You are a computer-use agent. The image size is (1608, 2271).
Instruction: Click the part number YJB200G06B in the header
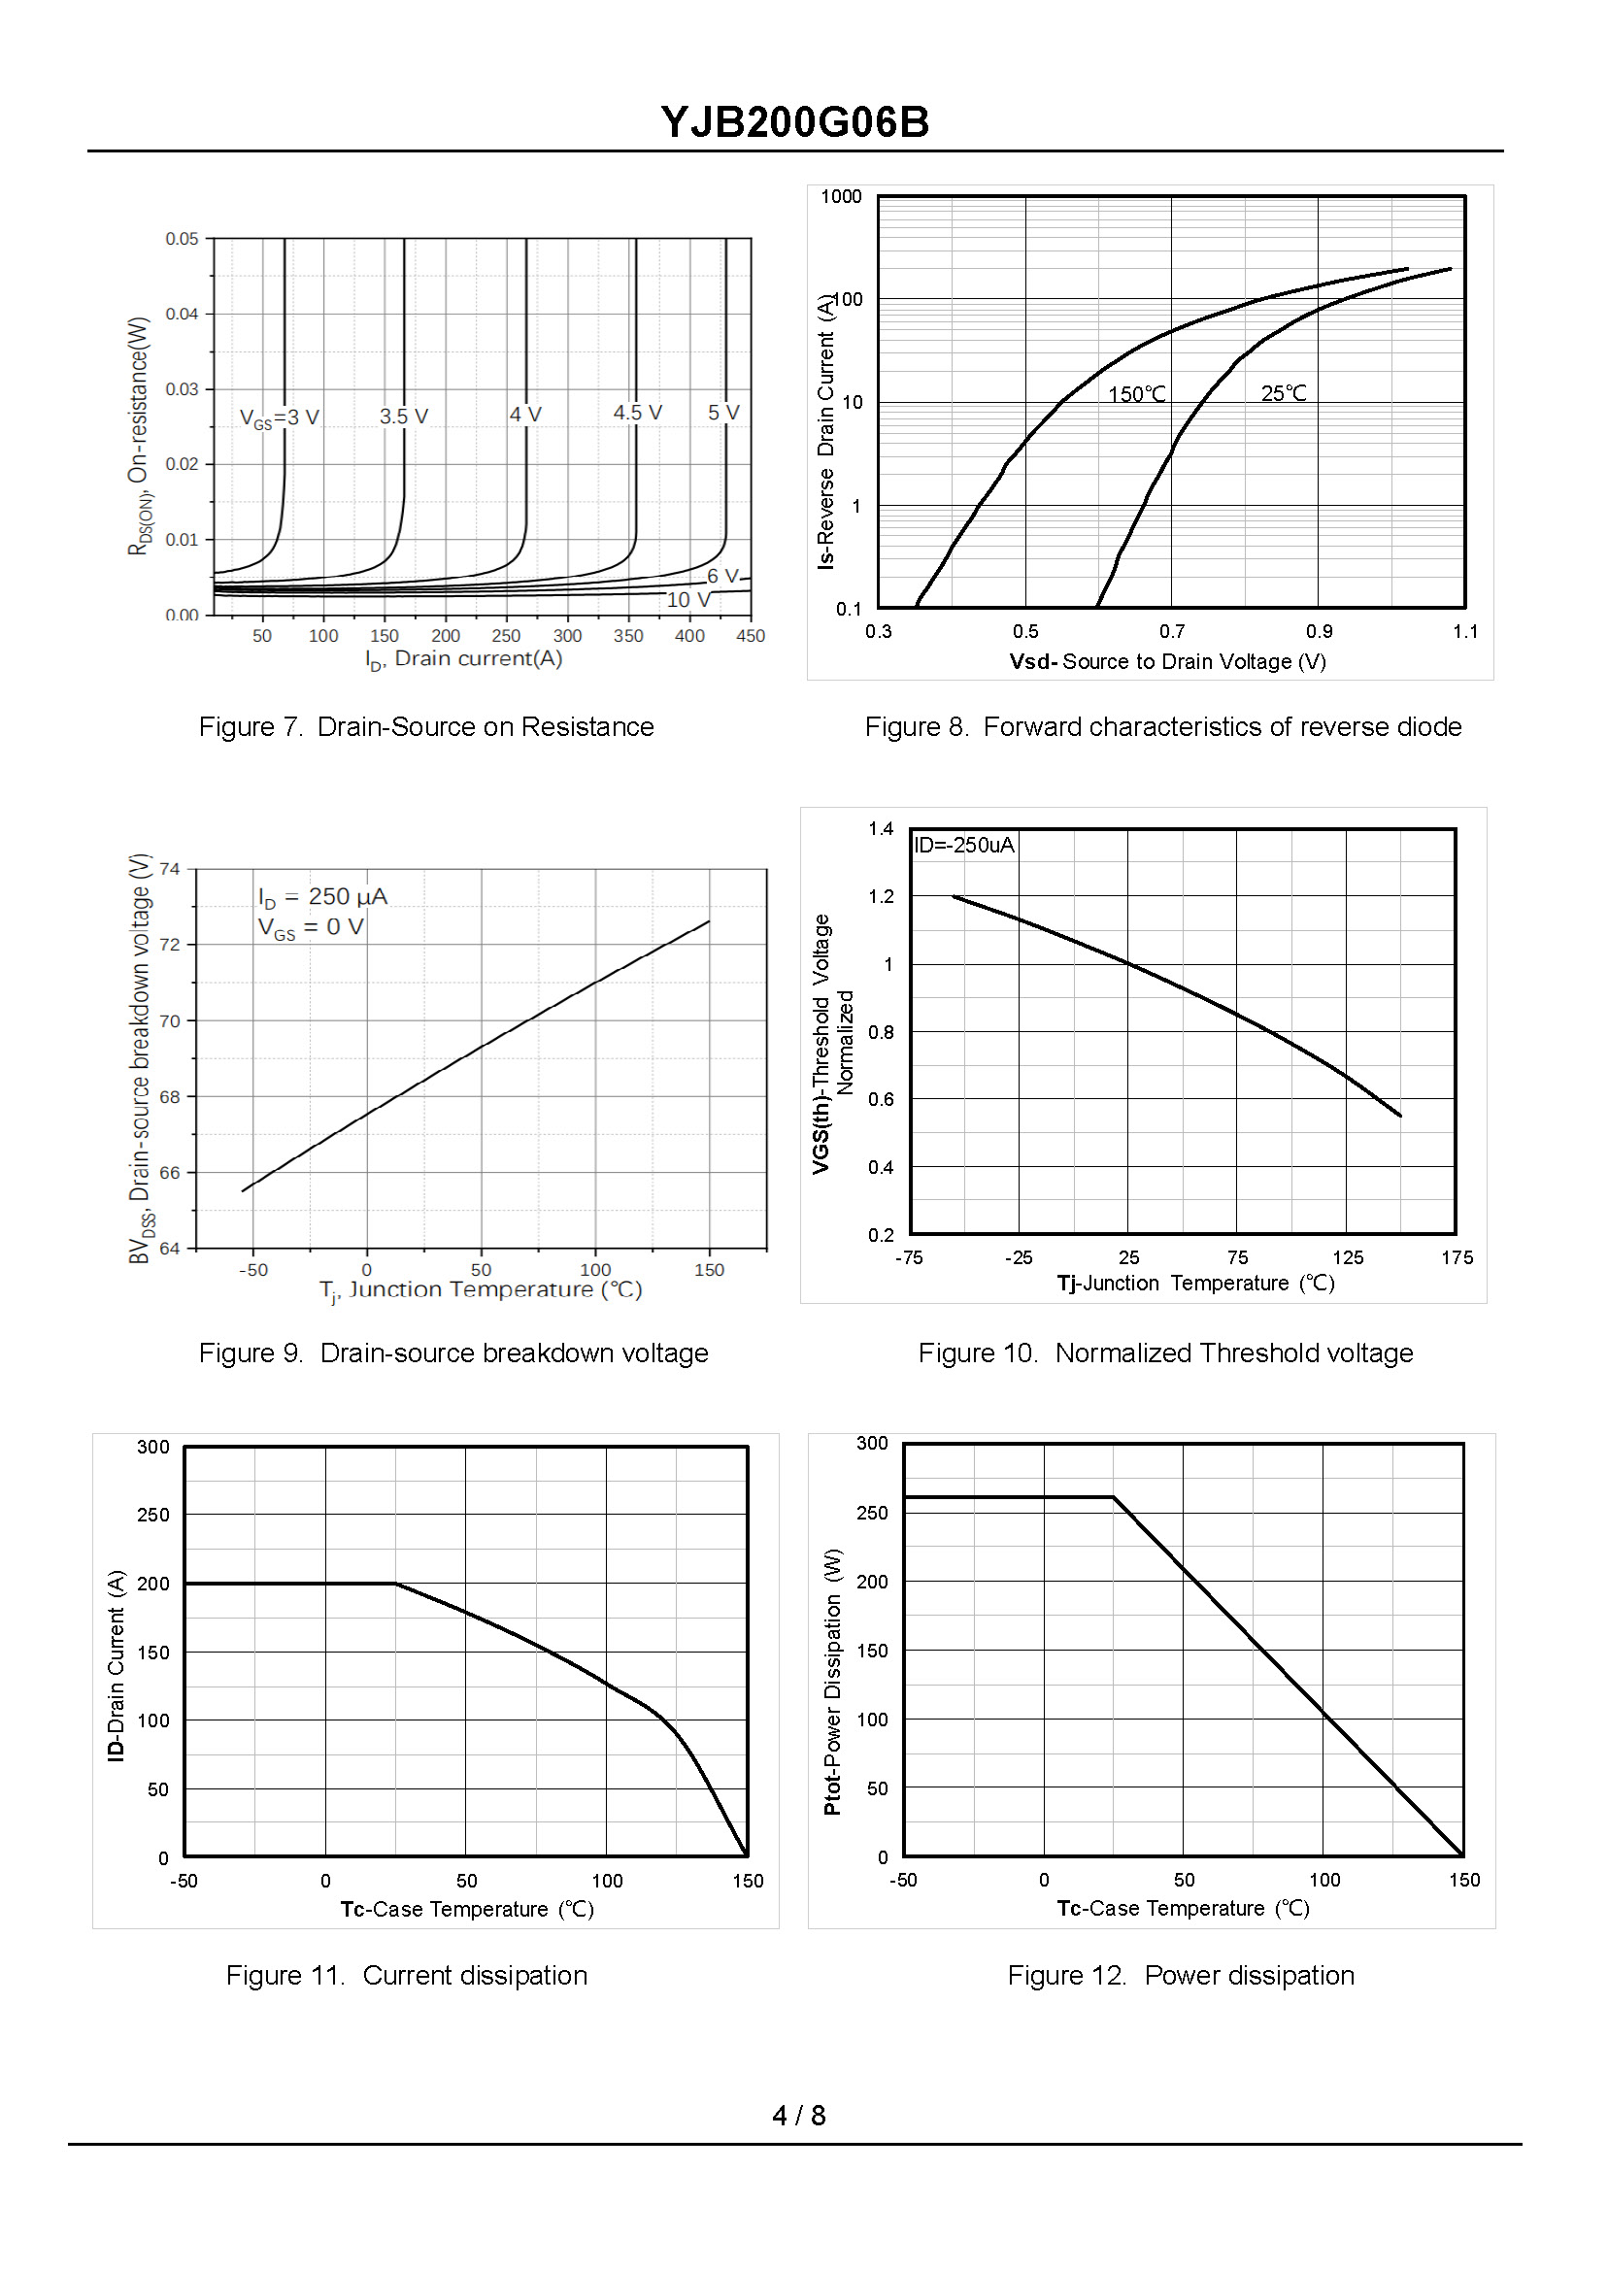coord(794,122)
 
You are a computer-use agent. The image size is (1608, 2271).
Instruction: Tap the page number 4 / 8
coord(798,2115)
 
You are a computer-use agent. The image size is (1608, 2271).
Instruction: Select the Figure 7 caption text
coord(425,726)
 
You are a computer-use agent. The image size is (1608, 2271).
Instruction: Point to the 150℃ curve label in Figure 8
coord(1136,394)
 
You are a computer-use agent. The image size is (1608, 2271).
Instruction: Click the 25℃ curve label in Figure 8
coord(1284,393)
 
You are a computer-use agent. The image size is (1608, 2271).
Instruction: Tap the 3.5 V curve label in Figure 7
coord(403,416)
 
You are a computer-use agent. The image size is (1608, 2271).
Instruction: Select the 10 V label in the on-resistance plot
coord(687,600)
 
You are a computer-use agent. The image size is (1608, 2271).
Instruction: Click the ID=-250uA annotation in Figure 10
coord(963,845)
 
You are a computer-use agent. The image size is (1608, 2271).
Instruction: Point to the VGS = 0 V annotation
coord(311,927)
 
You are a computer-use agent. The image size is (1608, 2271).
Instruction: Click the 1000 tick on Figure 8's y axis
coord(841,196)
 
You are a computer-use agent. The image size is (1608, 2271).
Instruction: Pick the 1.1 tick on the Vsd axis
coord(1464,632)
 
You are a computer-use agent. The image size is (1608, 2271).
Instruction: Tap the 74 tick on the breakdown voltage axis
coord(170,869)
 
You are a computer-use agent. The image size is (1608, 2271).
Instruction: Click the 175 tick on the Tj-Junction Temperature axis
coord(1457,1257)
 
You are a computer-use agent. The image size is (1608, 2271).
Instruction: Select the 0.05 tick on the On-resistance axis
coord(182,239)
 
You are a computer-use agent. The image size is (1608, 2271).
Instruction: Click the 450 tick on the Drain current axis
coord(750,636)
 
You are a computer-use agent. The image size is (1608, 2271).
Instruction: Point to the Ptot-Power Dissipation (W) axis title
coord(832,1680)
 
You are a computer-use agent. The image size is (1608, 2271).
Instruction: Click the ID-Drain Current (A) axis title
coord(116,1664)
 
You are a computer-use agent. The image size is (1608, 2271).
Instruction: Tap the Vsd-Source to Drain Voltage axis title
coord(1167,661)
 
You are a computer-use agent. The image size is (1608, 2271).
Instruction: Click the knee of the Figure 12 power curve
coord(1114,1497)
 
